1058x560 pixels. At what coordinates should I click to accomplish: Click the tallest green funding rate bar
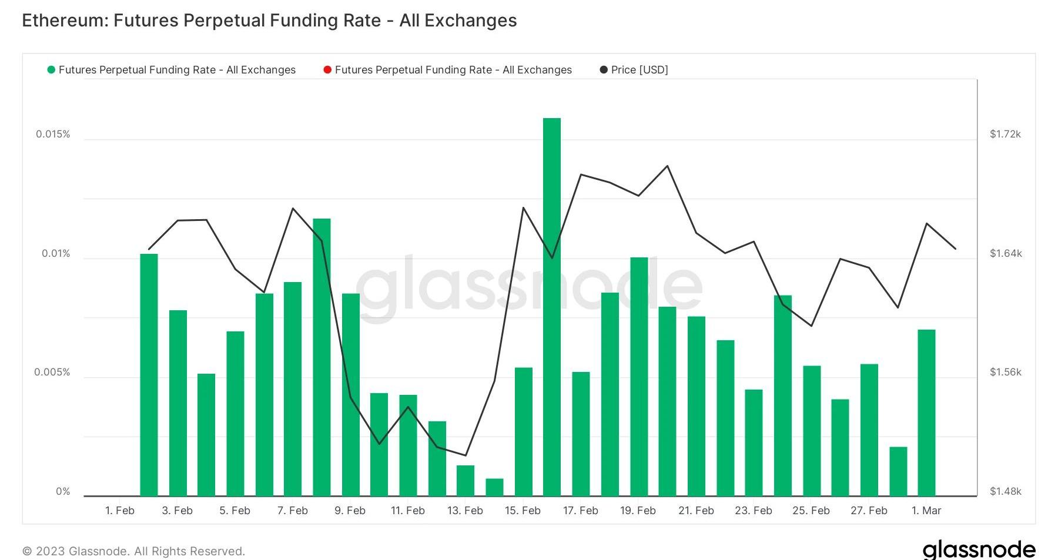551,306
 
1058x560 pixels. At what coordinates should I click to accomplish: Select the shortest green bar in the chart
494,487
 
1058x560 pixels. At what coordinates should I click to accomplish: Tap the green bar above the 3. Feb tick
178,403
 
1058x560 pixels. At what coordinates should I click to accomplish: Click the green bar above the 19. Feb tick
638,376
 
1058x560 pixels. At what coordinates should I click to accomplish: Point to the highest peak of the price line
667,166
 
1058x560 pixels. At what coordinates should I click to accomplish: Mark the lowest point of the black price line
466,455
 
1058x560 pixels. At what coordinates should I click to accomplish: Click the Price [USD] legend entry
639,70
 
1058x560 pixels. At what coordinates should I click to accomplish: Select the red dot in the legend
327,70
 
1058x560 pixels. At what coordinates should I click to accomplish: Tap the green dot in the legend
51,70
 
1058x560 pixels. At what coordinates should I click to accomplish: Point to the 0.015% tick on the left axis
53,134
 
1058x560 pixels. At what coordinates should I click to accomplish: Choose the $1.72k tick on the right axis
1005,134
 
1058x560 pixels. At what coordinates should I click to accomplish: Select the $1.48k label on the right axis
1005,491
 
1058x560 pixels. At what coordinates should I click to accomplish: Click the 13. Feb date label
465,511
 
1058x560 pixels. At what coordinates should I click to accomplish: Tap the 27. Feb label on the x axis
869,511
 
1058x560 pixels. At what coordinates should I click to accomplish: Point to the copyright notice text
133,551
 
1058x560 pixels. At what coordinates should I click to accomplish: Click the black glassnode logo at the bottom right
979,550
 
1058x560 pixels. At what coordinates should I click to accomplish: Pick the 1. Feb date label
120,511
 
